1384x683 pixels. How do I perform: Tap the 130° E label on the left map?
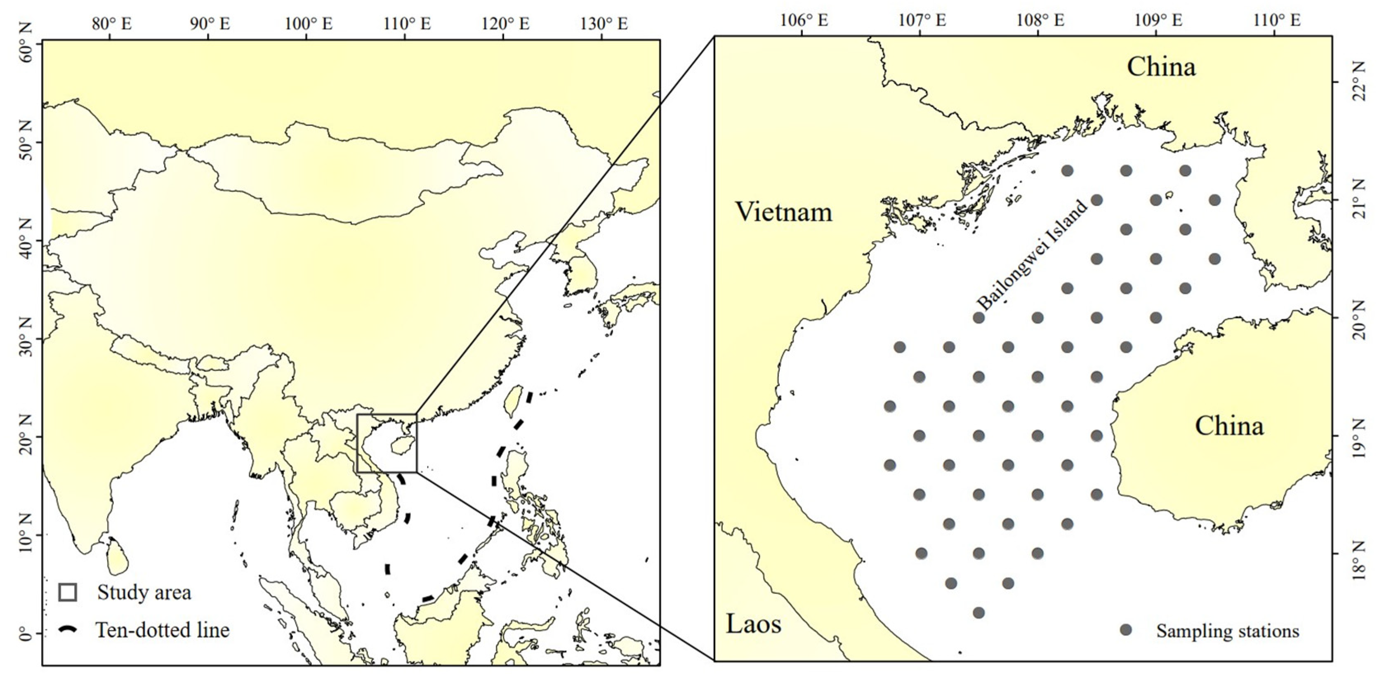pos(604,24)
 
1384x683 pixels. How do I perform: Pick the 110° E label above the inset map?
pos(1277,21)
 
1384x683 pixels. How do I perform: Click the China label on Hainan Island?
pos(1229,426)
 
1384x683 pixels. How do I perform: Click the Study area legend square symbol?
pos(68,592)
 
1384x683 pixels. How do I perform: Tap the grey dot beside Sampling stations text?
pos(1126,630)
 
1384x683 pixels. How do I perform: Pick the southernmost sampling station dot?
pos(978,612)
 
